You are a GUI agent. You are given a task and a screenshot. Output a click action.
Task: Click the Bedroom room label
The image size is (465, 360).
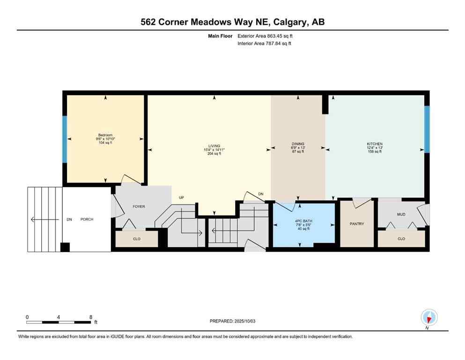[105, 135]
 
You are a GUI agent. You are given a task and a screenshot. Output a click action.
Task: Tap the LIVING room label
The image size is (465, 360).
[214, 145]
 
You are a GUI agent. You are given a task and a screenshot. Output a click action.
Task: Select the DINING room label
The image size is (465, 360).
[298, 144]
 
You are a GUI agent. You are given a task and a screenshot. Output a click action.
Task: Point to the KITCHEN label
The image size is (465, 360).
[375, 144]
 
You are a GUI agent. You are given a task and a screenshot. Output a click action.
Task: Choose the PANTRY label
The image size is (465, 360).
[357, 224]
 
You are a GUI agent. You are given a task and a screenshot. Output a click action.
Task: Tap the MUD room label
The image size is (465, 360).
[401, 215]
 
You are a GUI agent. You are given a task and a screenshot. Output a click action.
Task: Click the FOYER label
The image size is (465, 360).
[139, 206]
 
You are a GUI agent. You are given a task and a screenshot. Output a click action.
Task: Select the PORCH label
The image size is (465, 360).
[87, 219]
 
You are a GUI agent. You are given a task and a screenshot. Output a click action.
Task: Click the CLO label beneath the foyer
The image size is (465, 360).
[137, 239]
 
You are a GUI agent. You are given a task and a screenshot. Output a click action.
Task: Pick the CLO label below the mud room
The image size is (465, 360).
[401, 239]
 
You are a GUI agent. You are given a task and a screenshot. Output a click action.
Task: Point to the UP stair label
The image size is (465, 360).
[181, 198]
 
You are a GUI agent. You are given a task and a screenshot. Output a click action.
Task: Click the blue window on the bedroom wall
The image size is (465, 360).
[65, 139]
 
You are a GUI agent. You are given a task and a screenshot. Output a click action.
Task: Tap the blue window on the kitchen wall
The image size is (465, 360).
[427, 129]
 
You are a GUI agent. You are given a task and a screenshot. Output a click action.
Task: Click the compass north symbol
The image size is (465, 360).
[429, 318]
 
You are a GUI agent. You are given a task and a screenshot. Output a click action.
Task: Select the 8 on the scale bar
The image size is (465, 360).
[90, 317]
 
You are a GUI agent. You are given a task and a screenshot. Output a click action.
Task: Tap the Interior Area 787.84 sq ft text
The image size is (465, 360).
[264, 44]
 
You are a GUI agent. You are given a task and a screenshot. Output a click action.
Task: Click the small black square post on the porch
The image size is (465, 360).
[66, 247]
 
